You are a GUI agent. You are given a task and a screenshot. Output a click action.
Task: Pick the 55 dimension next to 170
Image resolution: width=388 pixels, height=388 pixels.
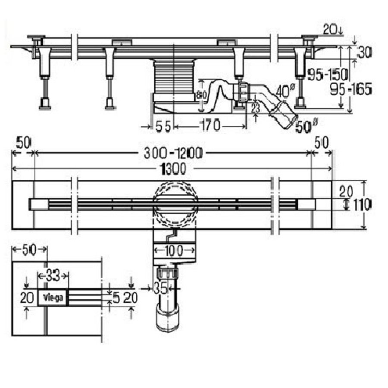pos(162,126)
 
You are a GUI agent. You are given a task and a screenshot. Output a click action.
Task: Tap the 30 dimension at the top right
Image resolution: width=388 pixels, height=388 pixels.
pos(364,53)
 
